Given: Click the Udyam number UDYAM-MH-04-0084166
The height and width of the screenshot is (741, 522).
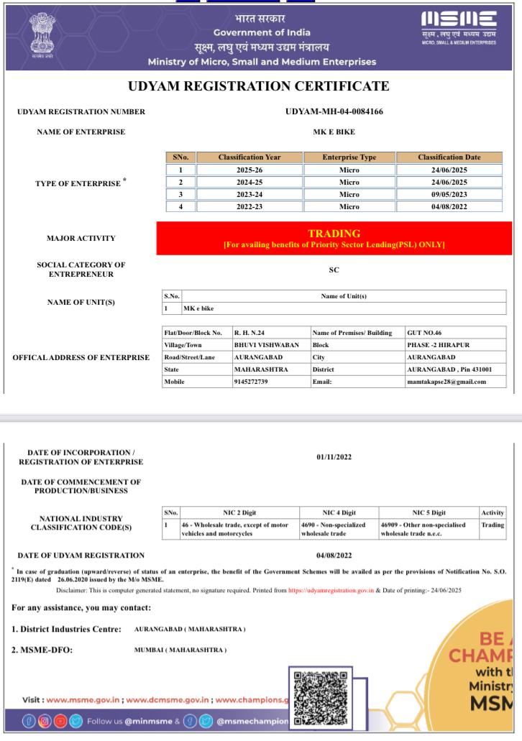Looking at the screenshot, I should coord(334,111).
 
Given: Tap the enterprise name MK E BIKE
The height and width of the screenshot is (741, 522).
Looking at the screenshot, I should coord(334,132).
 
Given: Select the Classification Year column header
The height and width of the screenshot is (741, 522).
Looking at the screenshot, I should coord(249,157).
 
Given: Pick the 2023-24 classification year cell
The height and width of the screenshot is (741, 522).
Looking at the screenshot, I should coord(249,194).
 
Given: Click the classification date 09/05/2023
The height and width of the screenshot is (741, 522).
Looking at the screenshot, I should coord(449,194).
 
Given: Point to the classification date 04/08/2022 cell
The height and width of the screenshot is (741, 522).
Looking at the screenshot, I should coord(449,207).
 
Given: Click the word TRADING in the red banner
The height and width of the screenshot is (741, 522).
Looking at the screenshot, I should coord(334,234).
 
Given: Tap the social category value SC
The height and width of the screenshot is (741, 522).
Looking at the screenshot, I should coord(333,270).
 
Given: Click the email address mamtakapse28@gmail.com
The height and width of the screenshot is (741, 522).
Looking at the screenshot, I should coord(446,382).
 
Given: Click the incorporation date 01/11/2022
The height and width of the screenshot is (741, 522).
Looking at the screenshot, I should coord(334,457).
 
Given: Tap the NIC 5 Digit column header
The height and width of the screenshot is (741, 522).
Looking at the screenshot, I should coord(429,512).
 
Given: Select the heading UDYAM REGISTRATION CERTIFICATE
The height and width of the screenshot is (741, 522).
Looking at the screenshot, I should coord(259,86).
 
